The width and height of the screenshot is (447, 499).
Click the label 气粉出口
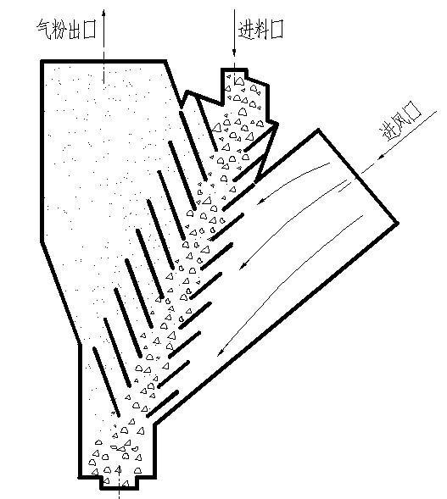click(67, 30)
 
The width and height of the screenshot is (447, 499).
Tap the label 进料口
click(260, 30)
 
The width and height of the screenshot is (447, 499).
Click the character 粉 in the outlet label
click(59, 30)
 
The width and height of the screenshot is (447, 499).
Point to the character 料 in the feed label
click(261, 30)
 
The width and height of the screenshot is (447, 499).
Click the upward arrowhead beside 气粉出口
click(103, 13)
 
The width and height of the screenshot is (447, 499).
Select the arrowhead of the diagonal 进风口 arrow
click(382, 156)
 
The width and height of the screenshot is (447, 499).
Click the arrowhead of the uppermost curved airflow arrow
click(262, 201)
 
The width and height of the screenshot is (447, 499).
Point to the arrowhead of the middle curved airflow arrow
click(243, 265)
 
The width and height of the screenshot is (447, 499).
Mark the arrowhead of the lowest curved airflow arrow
click(221, 352)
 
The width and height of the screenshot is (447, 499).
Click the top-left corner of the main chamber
click(42, 61)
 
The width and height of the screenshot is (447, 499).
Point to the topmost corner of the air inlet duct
click(318, 130)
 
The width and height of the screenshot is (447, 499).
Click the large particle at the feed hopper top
click(239, 80)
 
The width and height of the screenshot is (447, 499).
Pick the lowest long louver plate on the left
click(106, 381)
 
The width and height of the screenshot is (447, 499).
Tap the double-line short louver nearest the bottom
click(163, 403)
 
